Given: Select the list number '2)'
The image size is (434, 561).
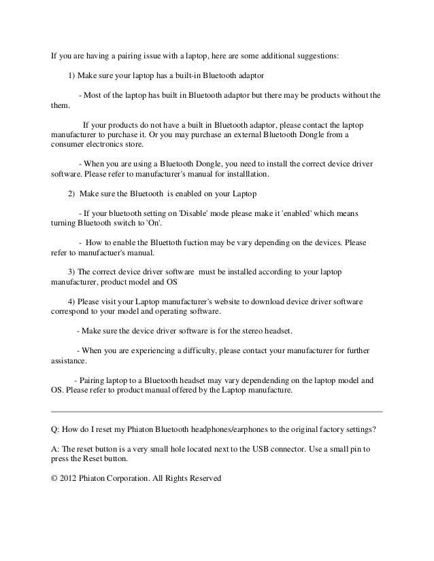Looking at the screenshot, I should tap(73, 194).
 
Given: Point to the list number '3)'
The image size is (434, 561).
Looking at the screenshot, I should tap(73, 272).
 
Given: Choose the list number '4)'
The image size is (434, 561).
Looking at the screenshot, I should tap(73, 301).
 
